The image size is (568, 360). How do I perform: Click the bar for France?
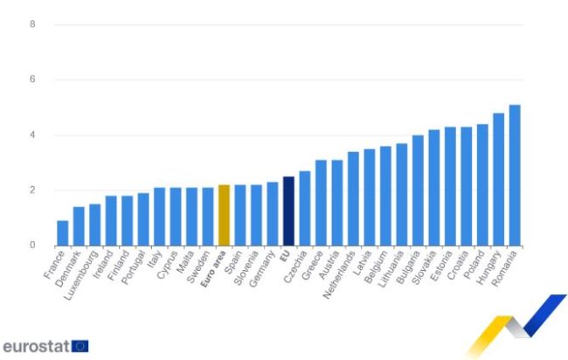63,232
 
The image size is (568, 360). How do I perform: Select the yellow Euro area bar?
224,215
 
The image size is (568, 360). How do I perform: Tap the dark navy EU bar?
288,211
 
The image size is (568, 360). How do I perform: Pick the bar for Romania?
515,175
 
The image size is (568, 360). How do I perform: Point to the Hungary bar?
499,179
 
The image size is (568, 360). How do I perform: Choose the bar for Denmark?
79,225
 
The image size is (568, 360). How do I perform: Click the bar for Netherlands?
353,198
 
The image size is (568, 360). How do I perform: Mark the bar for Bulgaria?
418,190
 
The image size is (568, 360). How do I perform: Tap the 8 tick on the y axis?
32,24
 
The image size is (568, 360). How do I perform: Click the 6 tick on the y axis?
32,80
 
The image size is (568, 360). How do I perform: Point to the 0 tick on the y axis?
32,246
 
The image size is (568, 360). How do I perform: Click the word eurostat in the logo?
35,345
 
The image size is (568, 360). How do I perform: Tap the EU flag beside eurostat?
80,345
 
